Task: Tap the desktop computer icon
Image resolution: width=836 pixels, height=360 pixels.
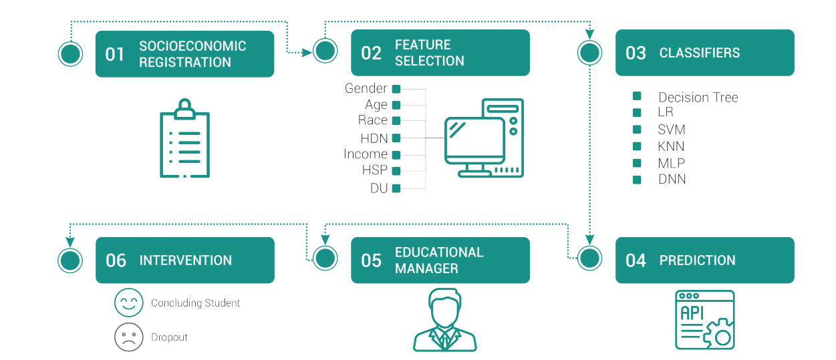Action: (484, 138)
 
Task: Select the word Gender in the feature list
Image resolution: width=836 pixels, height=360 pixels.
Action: (366, 88)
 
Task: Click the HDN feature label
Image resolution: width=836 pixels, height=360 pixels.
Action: (374, 138)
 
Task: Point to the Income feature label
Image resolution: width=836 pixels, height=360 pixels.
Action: (366, 154)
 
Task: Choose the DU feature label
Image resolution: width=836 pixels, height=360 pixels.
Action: (379, 188)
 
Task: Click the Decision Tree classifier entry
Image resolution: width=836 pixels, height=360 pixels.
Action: (698, 98)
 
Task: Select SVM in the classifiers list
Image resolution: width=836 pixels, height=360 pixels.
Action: (672, 130)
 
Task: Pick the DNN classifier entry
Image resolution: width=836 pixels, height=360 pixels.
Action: (672, 179)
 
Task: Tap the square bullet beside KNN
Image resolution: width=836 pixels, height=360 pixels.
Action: (637, 146)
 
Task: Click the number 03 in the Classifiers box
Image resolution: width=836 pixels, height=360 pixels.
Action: (636, 53)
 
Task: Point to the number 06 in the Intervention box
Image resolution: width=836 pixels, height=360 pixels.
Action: (116, 260)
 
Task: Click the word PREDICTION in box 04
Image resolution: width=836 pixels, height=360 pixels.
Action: (697, 260)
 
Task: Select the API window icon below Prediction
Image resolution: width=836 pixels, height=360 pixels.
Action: (705, 319)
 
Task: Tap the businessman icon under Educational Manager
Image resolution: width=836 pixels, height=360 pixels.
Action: (445, 320)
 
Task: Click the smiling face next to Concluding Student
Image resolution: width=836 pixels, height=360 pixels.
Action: (129, 303)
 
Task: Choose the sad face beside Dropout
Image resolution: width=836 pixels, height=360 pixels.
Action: (129, 337)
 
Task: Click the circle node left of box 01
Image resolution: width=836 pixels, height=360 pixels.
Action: (70, 53)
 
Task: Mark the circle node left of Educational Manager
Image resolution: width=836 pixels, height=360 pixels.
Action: (326, 258)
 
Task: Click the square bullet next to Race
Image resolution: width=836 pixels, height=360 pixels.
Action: (396, 121)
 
